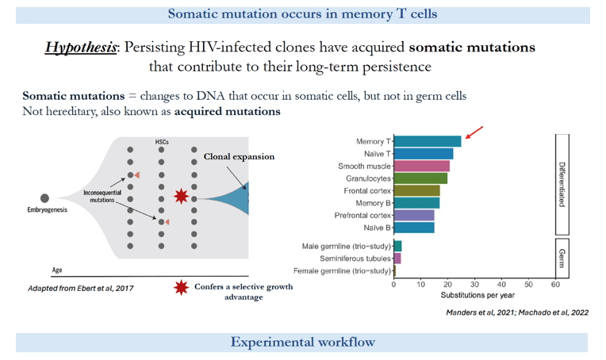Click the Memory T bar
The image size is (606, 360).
point(428,141)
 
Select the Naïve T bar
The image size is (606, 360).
point(424,154)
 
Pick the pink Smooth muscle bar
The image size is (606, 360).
point(422,166)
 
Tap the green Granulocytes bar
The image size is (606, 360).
point(420,178)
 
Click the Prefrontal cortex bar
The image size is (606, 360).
point(414,215)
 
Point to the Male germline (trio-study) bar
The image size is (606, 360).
point(397,246)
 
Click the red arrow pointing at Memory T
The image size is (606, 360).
point(474,132)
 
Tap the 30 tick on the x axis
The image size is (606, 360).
point(474,285)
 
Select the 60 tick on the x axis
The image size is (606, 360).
point(555,285)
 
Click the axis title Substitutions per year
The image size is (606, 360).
point(478,295)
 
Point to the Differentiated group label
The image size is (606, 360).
point(562,185)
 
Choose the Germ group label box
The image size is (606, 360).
point(562,258)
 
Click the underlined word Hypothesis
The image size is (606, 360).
point(80,48)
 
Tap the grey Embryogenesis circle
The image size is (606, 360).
point(45,198)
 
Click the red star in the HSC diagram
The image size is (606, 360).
point(182,196)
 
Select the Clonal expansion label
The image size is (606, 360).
point(239,156)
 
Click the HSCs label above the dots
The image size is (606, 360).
point(162,142)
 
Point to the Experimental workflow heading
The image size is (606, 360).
point(303,343)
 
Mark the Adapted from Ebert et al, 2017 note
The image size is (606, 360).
point(80,288)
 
